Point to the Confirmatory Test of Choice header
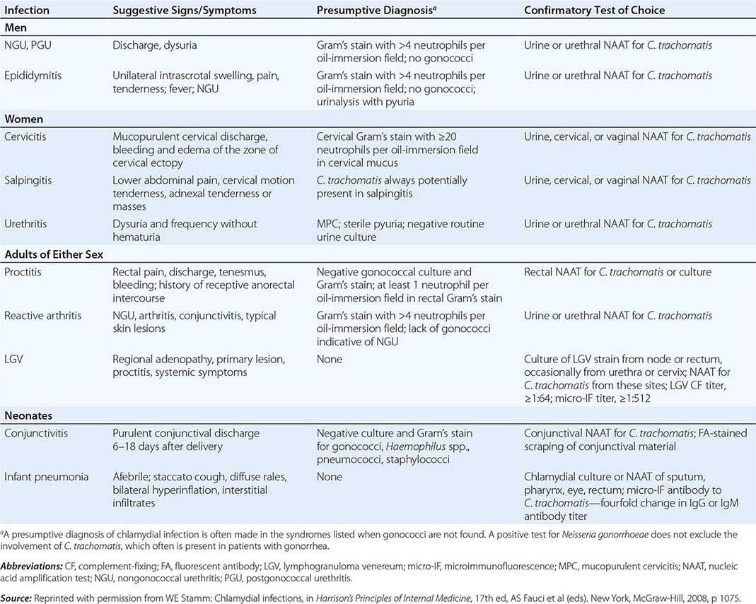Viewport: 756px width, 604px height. [x=594, y=11]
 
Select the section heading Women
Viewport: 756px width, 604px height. [x=23, y=118]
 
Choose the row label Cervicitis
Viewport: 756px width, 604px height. [x=28, y=136]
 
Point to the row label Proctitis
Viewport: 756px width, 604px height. [x=25, y=272]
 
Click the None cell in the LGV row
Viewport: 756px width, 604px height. [x=330, y=360]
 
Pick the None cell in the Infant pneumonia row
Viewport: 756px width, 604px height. [x=330, y=477]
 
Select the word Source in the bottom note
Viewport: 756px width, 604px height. [x=18, y=597]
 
